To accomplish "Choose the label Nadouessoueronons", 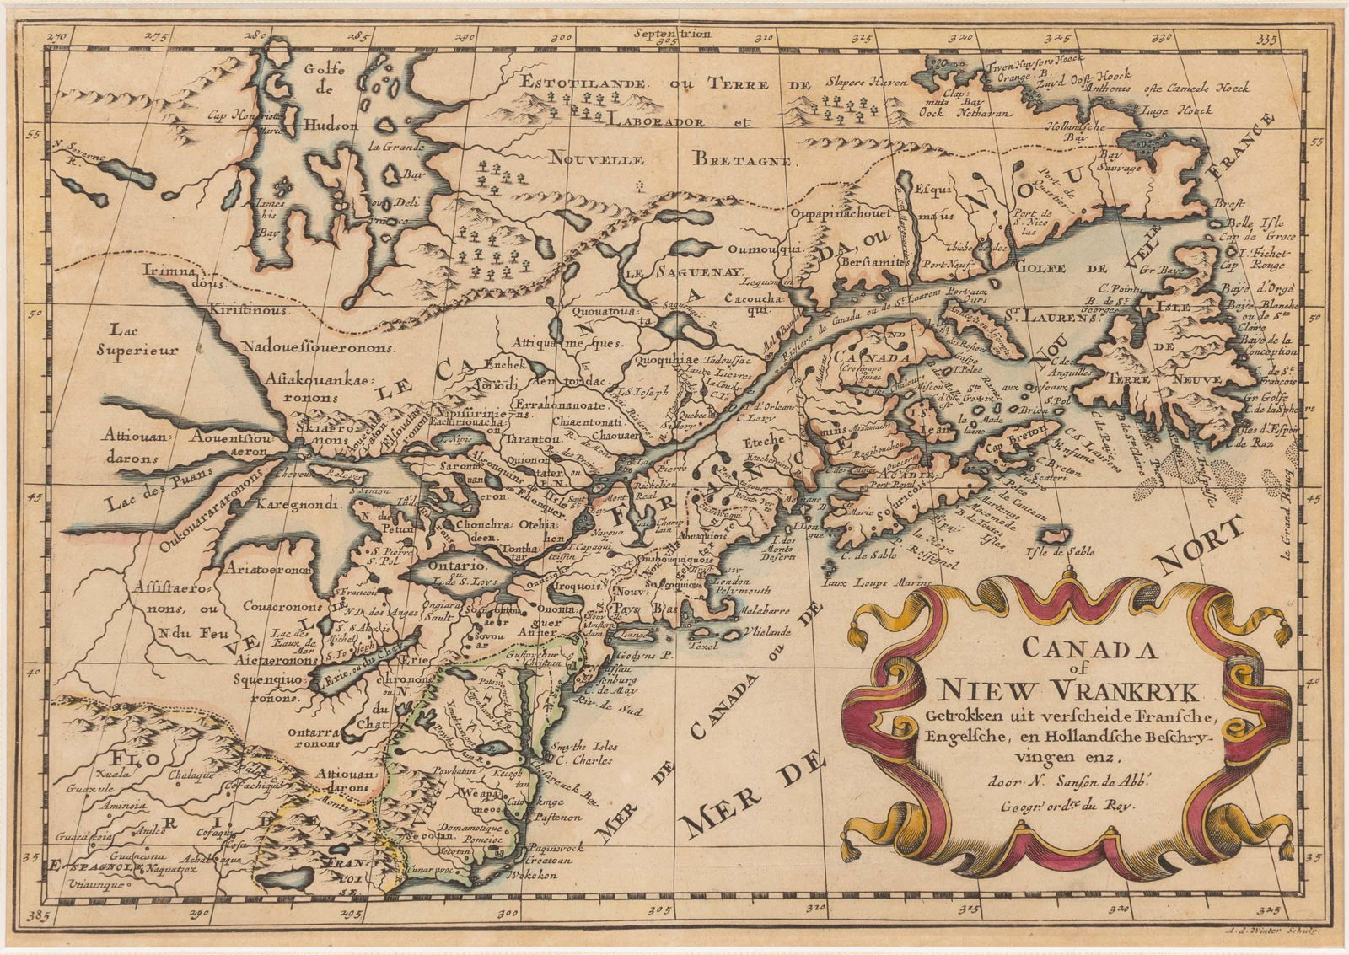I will (x=316, y=346).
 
